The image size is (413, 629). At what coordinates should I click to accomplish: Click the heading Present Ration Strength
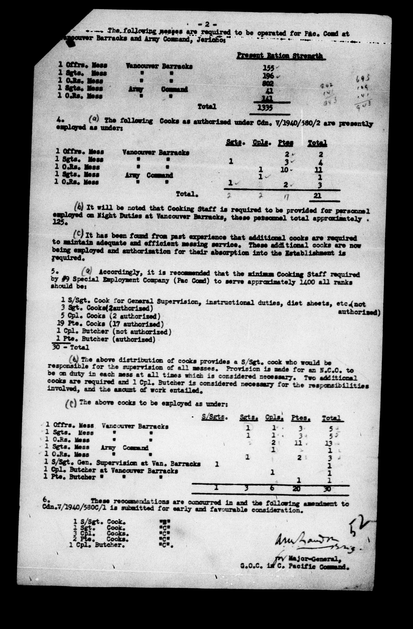[x=280, y=56]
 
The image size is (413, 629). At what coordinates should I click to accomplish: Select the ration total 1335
[x=265, y=108]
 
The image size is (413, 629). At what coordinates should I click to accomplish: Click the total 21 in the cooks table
[x=317, y=195]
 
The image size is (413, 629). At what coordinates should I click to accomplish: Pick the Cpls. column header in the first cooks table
[x=260, y=143]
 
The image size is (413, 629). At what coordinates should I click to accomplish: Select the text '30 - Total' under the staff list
[x=70, y=347]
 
